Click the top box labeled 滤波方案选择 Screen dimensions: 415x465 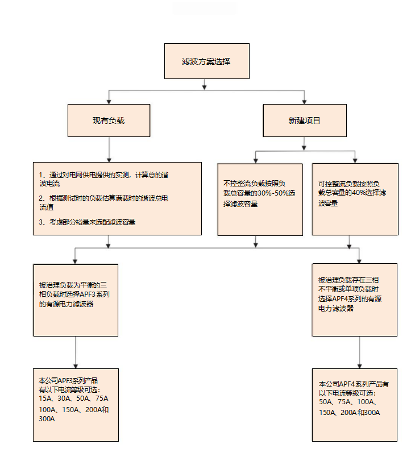pos(207,61)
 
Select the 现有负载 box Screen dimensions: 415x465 pos(109,121)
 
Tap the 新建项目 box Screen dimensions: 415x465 pos(305,121)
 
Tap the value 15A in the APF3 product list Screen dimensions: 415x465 pos(44,398)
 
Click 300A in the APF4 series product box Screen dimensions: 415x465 pos(372,413)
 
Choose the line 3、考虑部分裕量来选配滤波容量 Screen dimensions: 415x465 pos(87,222)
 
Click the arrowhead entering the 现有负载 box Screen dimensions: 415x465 pos(109,102)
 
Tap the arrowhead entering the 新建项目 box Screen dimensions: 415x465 pos(304,102)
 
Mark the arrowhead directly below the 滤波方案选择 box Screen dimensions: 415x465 pos(205,87)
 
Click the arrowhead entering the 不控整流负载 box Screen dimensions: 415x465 pos(256,161)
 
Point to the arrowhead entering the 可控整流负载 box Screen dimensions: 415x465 pos(355,161)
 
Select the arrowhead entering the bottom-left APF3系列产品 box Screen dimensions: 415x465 pos(76,366)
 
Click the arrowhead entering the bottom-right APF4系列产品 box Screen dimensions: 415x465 pos(359,366)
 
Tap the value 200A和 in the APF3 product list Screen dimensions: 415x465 pos(97,409)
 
